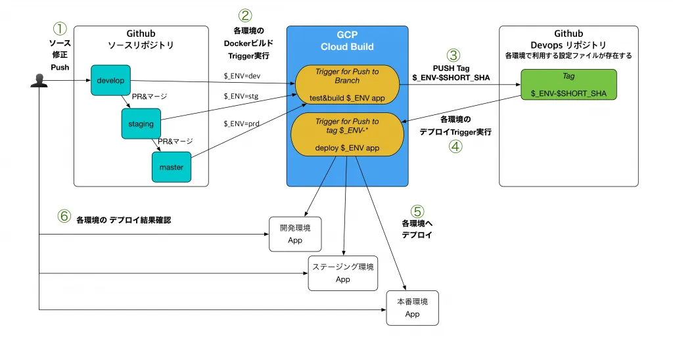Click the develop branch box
(110, 81)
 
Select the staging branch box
(141, 124)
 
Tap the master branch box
(171, 167)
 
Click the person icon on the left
(38, 81)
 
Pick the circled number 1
(60, 29)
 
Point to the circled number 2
(244, 16)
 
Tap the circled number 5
(417, 211)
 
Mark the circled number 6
(64, 216)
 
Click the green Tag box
(569, 85)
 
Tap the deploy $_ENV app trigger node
(347, 134)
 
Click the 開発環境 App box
(295, 234)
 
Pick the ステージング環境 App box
(343, 273)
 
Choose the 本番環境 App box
(412, 307)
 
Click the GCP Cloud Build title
(347, 41)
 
